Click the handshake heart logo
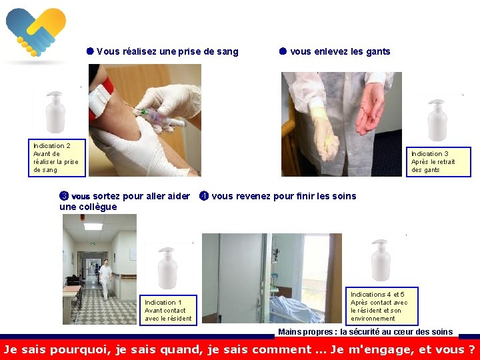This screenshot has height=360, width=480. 36,32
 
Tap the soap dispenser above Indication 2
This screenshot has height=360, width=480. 55,112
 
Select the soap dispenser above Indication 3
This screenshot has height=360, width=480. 437,120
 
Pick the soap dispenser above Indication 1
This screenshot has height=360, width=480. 167,268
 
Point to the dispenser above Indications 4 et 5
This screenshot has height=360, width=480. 381,260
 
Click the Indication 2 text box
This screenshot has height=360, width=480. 57,158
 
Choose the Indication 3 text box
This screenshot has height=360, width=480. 439,162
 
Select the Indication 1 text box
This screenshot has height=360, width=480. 168,310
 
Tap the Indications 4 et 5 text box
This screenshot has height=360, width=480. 382,306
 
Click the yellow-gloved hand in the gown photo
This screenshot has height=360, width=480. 326,135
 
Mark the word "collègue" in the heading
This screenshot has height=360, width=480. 88,207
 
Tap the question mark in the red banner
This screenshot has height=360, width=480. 471,349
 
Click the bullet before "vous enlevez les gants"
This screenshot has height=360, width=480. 283,51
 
